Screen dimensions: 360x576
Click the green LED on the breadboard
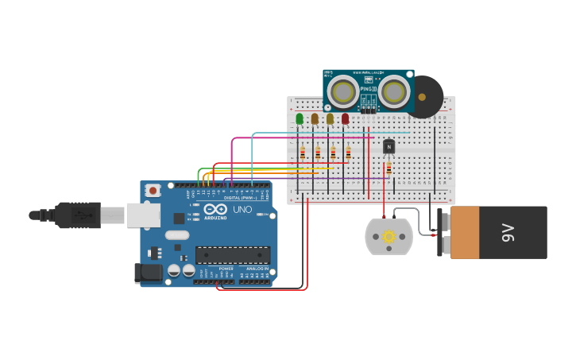[300, 118]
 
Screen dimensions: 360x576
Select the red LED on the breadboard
[345, 118]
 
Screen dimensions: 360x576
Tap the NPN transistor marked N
[389, 146]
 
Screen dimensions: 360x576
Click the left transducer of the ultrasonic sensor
[343, 92]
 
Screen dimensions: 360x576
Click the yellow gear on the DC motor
[389, 236]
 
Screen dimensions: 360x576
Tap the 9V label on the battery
[508, 232]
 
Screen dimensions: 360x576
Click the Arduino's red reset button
[153, 191]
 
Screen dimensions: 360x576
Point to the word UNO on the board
[240, 209]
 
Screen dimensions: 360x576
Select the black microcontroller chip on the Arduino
[233, 255]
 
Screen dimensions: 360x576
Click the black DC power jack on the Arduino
[148, 273]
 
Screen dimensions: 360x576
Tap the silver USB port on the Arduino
[143, 215]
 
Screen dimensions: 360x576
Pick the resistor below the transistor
[389, 168]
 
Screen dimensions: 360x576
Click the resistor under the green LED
[302, 153]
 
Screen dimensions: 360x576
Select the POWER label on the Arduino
[226, 269]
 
